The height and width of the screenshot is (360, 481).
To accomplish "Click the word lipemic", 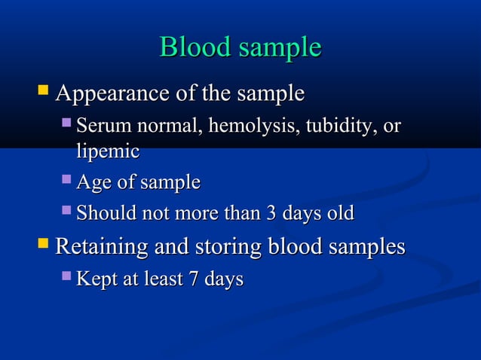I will point(107,151).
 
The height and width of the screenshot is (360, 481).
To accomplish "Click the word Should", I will point(106,214).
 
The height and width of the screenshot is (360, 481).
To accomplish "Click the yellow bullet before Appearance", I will point(44,93).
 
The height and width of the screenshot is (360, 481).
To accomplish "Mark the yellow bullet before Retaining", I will point(44,244).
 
